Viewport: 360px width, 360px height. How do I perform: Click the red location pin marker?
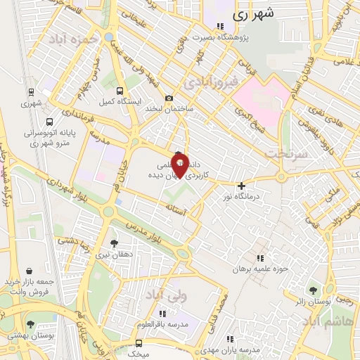click(180, 166)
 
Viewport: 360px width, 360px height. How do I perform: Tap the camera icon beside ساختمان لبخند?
click(169, 98)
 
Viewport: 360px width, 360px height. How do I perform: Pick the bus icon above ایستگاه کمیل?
click(120, 91)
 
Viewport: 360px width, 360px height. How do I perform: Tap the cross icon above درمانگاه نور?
click(242, 186)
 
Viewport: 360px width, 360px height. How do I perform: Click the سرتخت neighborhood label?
click(286, 153)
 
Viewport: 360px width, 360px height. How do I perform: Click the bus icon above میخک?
click(139, 342)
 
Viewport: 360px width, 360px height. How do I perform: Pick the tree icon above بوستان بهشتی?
click(31, 324)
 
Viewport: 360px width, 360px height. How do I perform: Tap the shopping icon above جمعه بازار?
click(29, 270)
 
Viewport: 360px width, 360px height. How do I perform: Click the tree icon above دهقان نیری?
click(115, 243)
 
